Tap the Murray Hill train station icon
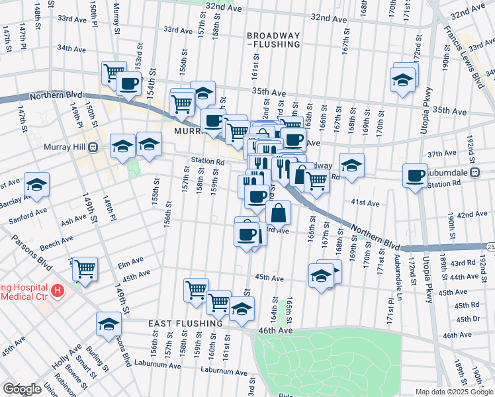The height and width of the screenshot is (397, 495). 93,146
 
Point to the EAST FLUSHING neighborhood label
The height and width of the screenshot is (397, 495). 185,324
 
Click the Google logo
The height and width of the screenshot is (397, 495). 21,389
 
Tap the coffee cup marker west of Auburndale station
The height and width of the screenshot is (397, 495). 416,176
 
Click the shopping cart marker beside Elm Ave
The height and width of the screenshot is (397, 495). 85,269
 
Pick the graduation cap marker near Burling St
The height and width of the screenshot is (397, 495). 109,324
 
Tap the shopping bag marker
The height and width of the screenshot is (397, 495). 279,213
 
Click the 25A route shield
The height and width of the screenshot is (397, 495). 490,246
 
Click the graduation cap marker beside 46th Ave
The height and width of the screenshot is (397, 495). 242,309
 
